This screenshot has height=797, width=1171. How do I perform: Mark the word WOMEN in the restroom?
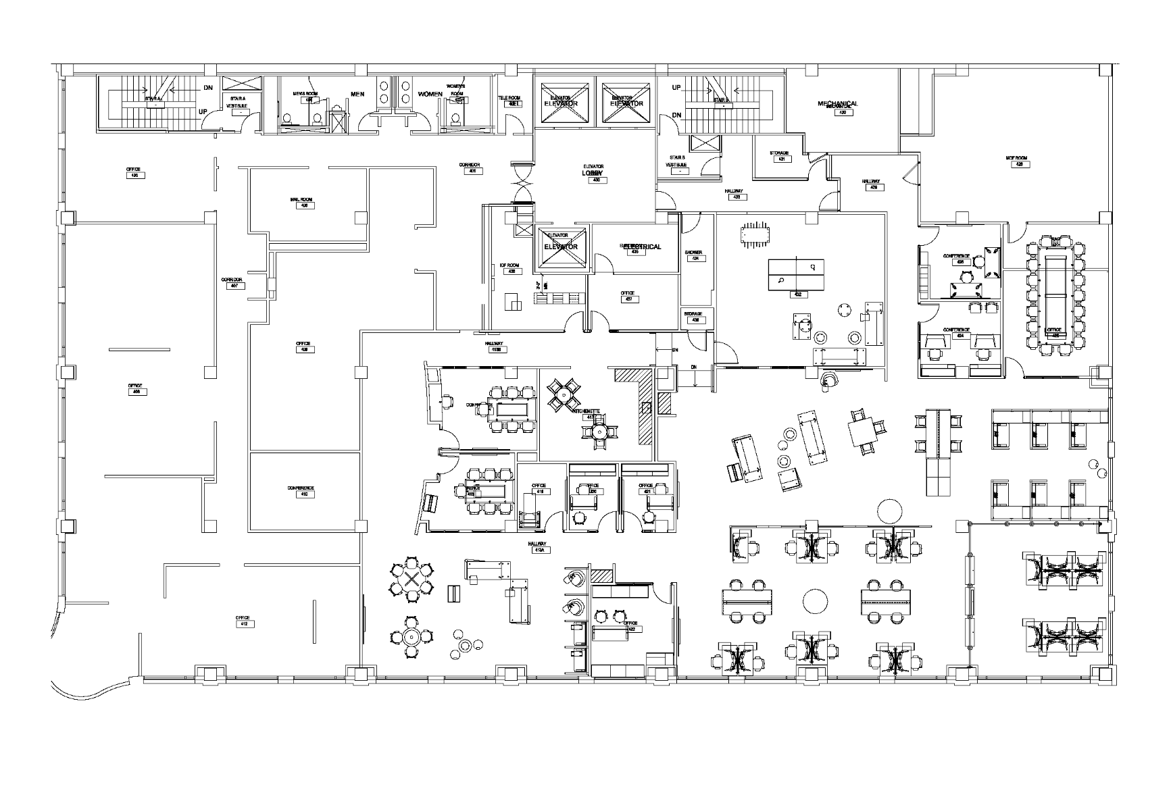(x=430, y=94)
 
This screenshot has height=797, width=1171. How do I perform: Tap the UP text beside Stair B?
(x=676, y=88)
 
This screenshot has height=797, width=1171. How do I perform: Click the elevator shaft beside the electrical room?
(x=562, y=247)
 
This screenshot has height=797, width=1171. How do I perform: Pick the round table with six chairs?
(x=411, y=580)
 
